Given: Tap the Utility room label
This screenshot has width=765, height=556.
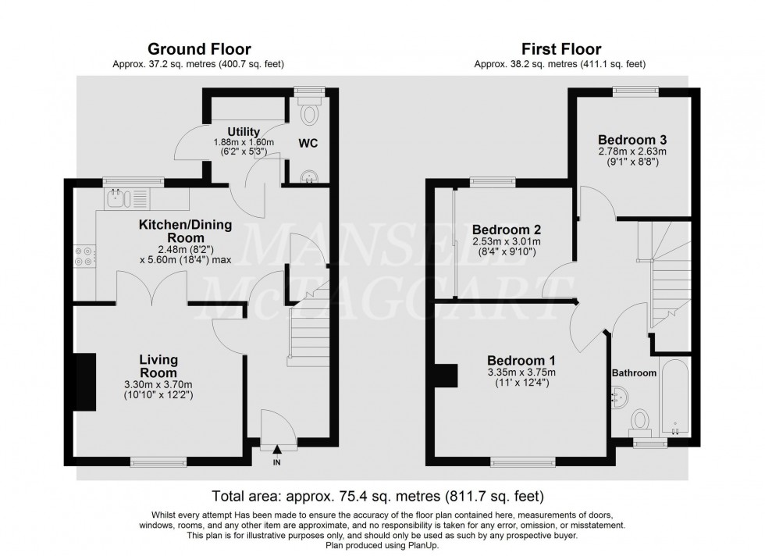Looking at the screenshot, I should click(244, 130).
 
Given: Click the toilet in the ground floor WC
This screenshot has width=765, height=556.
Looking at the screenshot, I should click(310, 114).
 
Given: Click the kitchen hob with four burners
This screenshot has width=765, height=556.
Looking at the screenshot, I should click(84, 258).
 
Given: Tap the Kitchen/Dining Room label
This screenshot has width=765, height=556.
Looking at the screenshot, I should click(185, 231).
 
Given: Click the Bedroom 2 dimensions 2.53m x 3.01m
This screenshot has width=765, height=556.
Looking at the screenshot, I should click(506, 242).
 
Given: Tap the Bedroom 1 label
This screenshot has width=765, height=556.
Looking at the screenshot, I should click(521, 360).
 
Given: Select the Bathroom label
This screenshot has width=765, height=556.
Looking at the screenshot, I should click(634, 373).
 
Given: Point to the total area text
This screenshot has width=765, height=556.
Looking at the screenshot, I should click(378, 496).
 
